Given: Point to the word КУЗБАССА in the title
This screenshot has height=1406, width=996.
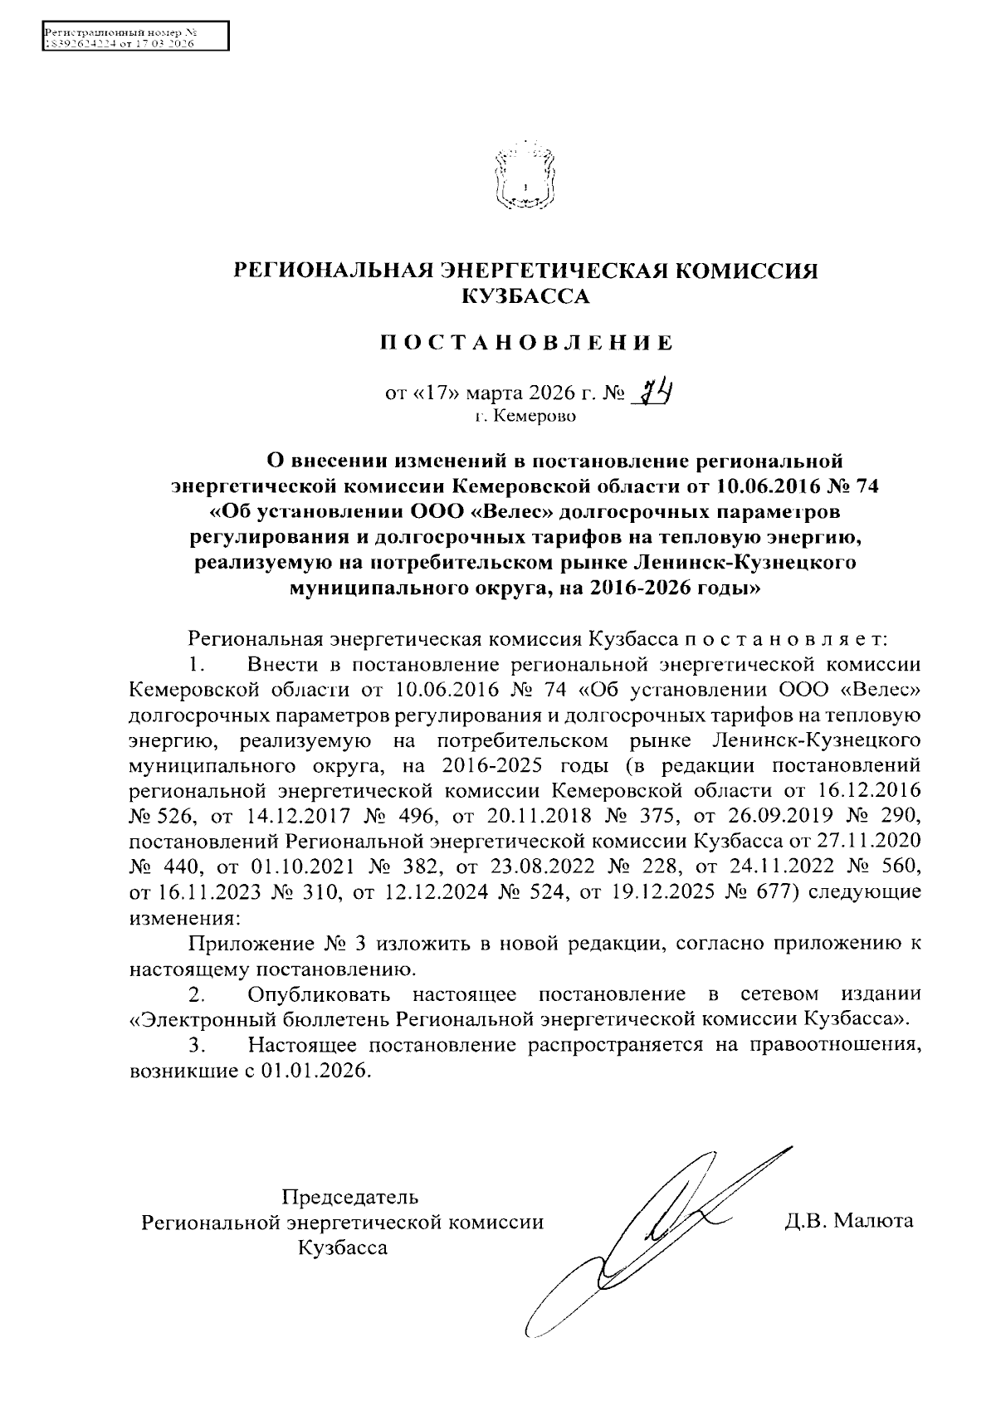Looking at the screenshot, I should (x=525, y=296).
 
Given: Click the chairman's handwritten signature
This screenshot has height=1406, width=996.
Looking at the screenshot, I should (x=656, y=1228).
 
